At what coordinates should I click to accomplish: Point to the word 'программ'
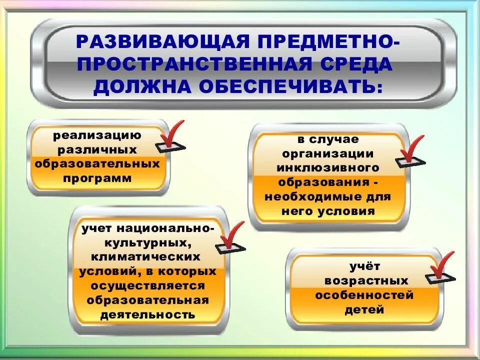coord(98,178)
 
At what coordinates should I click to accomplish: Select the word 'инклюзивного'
coord(328,167)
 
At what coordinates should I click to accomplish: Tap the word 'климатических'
coord(145,257)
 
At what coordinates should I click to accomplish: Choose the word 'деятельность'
coord(147,315)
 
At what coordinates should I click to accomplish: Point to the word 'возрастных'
coord(365,280)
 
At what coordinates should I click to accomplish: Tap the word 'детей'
coord(364,310)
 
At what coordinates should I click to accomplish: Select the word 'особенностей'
coord(364,295)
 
